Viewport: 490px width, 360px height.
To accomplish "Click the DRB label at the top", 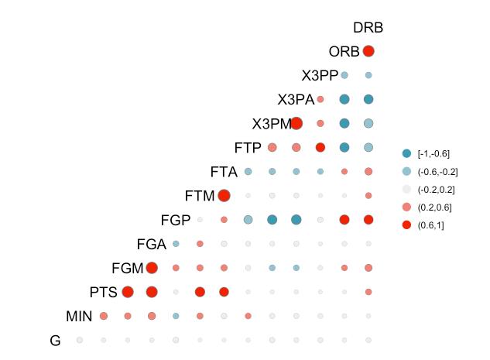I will [368, 28].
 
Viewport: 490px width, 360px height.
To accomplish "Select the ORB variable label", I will [344, 52].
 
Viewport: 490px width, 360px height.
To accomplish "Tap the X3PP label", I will [319, 76].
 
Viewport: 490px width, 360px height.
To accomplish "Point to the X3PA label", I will [296, 100].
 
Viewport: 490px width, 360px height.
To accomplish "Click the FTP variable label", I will [248, 147].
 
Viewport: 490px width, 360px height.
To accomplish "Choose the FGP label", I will [176, 220].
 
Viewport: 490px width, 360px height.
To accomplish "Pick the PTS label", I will [103, 292].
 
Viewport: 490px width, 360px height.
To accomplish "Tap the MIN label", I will [79, 316].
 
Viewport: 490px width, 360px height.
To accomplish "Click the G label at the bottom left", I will [55, 340].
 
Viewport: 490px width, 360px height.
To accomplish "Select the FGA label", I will [151, 245].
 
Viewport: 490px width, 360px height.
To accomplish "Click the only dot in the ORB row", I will [368, 51].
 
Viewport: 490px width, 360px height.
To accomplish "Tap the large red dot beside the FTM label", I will [224, 195].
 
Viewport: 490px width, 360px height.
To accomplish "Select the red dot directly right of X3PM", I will [296, 123].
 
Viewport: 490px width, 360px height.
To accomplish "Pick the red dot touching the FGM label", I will [152, 268].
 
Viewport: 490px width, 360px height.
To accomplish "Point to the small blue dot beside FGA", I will [176, 244].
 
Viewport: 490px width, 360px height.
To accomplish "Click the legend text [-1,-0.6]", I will [433, 153].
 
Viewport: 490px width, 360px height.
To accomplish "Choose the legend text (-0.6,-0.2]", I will [437, 171].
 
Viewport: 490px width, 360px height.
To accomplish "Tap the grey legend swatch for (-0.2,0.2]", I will [407, 189].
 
